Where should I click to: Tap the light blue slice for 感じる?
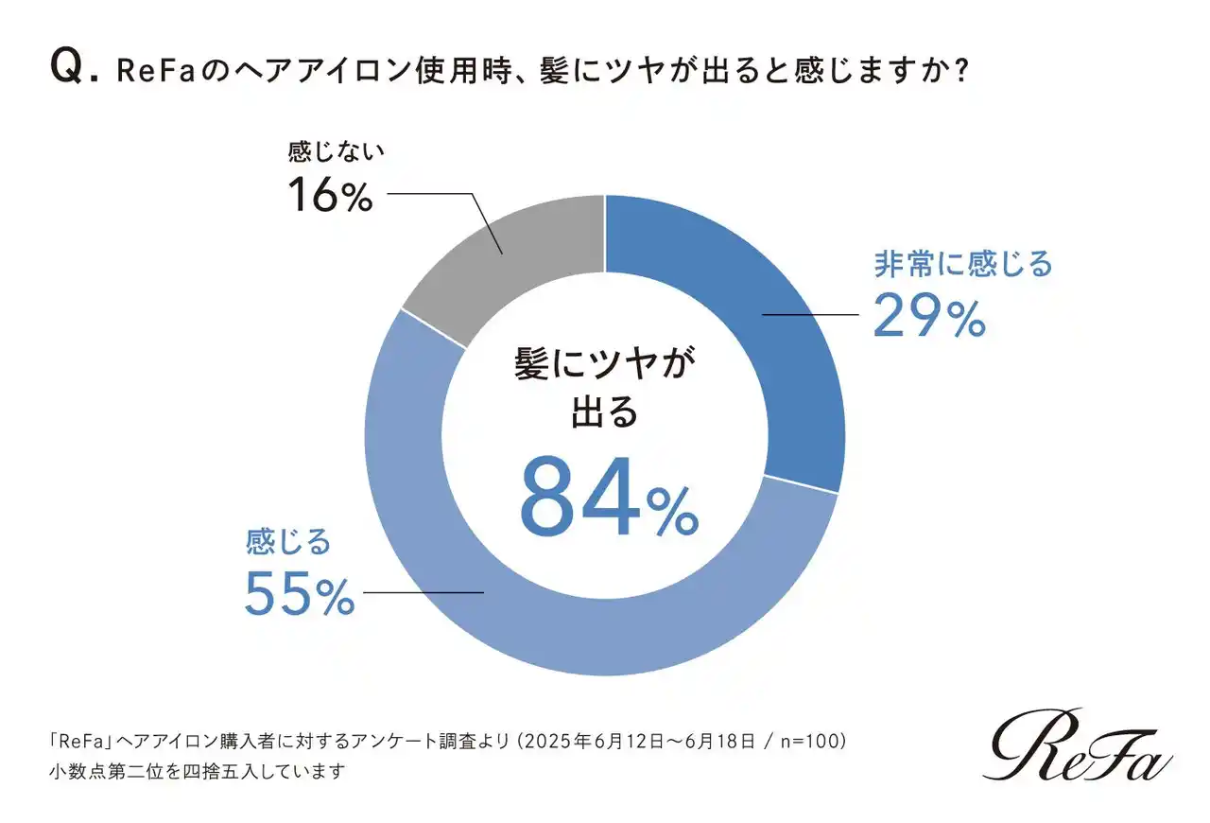click(529, 605)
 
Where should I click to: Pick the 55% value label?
click(299, 593)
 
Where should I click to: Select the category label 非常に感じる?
click(962, 264)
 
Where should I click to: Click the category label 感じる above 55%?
click(288, 542)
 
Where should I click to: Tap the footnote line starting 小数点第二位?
click(199, 770)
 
